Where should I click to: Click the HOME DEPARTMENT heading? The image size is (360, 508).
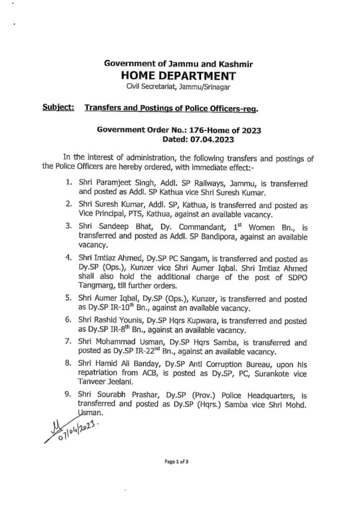click(180, 76)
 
